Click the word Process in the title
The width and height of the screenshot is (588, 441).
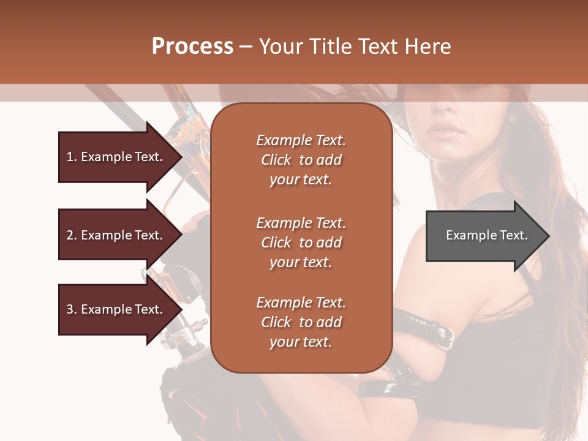(x=192, y=47)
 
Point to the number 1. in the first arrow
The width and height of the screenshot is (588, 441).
(x=72, y=157)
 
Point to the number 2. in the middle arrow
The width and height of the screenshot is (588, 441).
(x=72, y=235)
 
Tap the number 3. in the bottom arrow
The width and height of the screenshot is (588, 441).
(x=72, y=309)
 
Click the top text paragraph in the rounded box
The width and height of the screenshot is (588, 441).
(x=301, y=160)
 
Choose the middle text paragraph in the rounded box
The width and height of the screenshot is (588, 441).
(x=301, y=243)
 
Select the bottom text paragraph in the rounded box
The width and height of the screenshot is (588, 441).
(x=301, y=322)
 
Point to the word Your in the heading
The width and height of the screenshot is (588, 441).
(x=281, y=47)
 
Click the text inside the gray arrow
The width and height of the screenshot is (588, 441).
(x=486, y=235)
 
